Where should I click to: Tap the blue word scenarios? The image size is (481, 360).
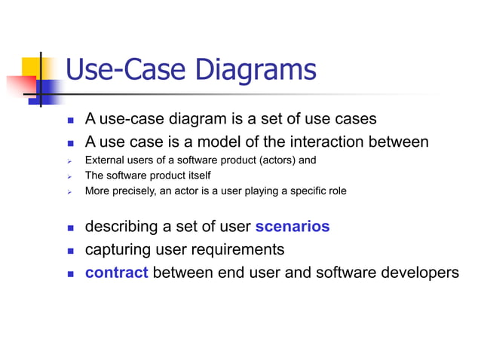click(x=293, y=227)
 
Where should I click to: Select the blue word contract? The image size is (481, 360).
click(x=116, y=272)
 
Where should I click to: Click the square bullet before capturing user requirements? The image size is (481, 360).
click(x=70, y=250)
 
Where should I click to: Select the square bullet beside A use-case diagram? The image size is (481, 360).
click(x=70, y=121)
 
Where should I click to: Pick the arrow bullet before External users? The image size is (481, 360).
click(x=69, y=161)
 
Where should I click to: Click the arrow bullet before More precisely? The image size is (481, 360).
click(x=69, y=191)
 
